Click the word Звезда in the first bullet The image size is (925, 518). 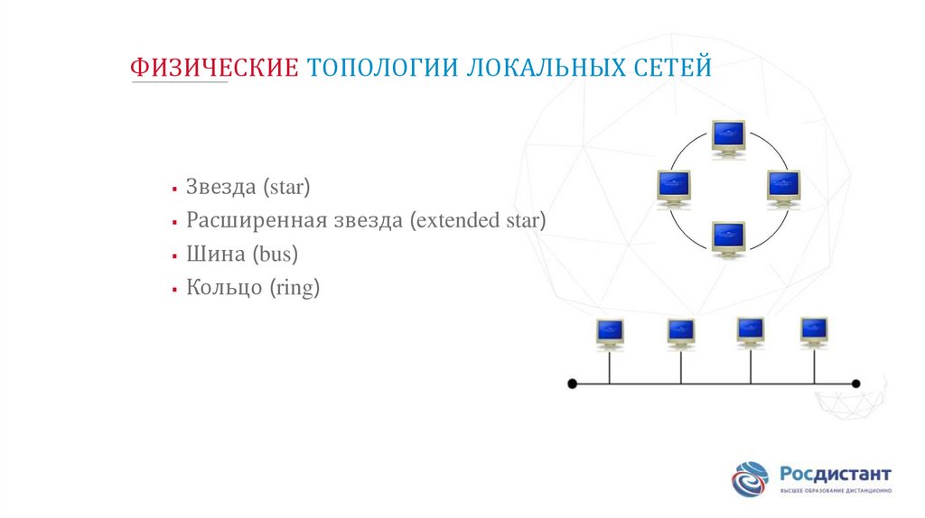(221, 187)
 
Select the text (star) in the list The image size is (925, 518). (287, 187)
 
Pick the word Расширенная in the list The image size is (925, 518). (249, 220)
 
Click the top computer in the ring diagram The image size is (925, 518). (727, 136)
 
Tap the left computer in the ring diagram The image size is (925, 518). (673, 187)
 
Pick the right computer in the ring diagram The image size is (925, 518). (782, 187)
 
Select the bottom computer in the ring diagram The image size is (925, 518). (727, 238)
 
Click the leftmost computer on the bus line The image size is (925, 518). (610, 332)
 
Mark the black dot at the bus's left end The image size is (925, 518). (572, 384)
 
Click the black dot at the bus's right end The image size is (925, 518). (856, 384)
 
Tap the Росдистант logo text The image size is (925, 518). (835, 474)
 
